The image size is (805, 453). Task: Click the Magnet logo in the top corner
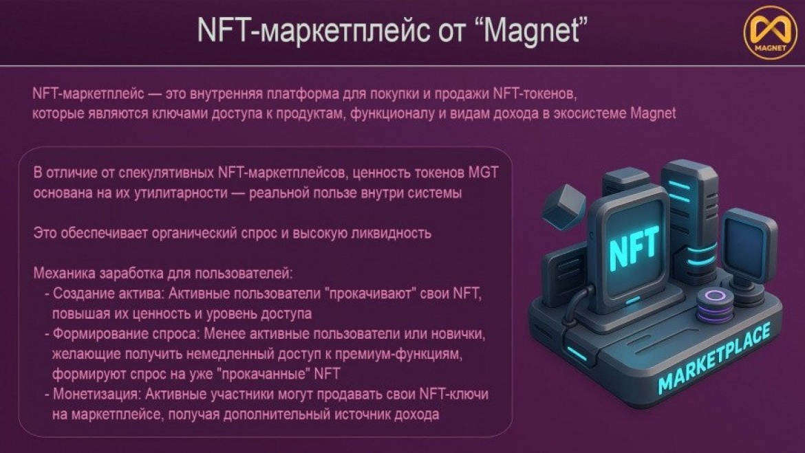[x=771, y=34]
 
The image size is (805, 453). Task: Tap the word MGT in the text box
[x=483, y=173]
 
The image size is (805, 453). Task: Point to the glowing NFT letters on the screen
[x=634, y=248]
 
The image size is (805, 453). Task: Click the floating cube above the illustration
[x=563, y=208]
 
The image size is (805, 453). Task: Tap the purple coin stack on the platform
[x=714, y=306]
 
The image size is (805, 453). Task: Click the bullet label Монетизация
[x=96, y=395]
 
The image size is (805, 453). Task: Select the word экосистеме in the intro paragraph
[x=590, y=113]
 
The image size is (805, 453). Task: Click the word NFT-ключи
[x=454, y=395]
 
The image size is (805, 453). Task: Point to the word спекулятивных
[x=167, y=173]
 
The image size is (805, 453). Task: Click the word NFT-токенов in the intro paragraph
[x=535, y=94]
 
